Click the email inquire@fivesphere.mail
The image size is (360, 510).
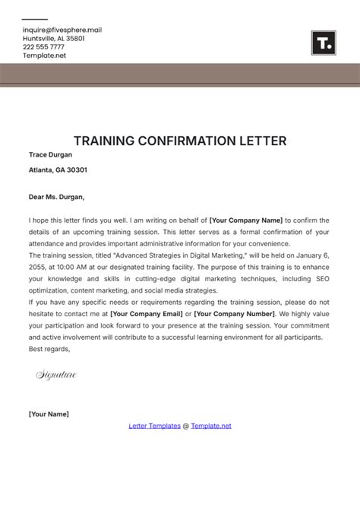tap(62, 29)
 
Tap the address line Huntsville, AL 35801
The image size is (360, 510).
tap(53, 38)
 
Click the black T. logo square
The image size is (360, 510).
tap(323, 43)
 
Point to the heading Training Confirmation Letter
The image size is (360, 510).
tap(180, 141)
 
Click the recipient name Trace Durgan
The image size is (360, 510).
tap(50, 154)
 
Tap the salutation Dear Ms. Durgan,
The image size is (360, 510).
tap(56, 196)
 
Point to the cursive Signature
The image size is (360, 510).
tap(56, 375)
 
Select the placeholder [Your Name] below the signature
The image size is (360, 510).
tap(49, 414)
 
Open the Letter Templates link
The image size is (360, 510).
tap(155, 426)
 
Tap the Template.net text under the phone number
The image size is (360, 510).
tap(44, 55)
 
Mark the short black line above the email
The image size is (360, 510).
tap(35, 20)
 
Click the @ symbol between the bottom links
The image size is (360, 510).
tap(186, 426)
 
